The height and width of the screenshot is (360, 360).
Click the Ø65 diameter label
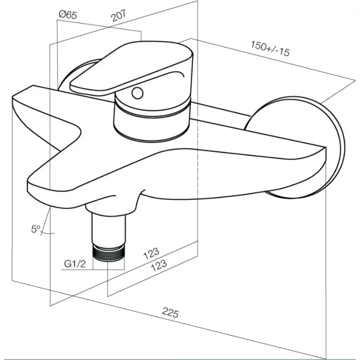coord(68,15)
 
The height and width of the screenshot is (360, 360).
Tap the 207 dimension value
coord(119,15)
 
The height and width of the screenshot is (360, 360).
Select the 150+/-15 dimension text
coord(270,49)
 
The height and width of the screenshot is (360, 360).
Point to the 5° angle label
coord(36,229)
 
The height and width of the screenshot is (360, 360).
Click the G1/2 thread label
coord(75,264)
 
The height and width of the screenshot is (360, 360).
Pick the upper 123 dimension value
coord(151,253)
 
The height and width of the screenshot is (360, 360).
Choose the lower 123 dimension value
coord(159,265)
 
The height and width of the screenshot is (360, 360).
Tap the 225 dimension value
coord(170,312)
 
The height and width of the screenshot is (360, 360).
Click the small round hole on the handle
coord(138,94)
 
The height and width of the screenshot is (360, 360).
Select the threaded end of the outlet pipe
coord(108,253)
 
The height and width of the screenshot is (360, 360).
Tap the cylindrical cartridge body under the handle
coord(152,120)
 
